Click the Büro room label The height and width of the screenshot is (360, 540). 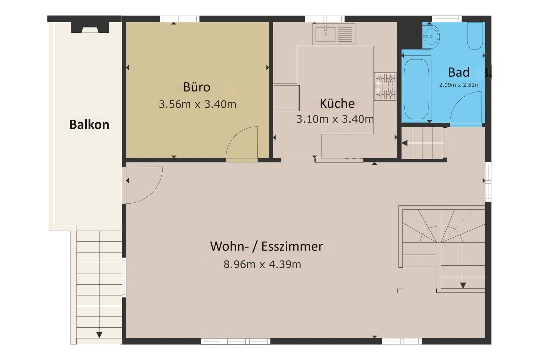pyautogui.click(x=197, y=87)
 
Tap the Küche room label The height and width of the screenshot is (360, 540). pyautogui.click(x=337, y=103)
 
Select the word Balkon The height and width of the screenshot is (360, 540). pyautogui.click(x=89, y=125)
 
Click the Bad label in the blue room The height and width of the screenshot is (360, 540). pyautogui.click(x=459, y=72)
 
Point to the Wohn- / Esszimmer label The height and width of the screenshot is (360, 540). pyautogui.click(x=266, y=246)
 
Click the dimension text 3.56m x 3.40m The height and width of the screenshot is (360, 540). pyautogui.click(x=197, y=104)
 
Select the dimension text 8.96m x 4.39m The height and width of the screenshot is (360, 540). pyautogui.click(x=262, y=265)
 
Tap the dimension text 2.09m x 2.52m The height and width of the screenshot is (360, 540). pyautogui.click(x=459, y=85)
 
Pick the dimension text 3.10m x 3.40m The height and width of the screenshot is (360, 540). pyautogui.click(x=335, y=119)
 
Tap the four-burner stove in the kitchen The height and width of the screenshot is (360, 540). pyautogui.click(x=385, y=86)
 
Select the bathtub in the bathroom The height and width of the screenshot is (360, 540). pyautogui.click(x=416, y=89)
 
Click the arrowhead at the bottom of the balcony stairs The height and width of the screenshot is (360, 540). pyautogui.click(x=99, y=335)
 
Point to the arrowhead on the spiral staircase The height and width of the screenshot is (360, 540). pyautogui.click(x=463, y=285)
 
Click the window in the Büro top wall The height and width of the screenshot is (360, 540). pyautogui.click(x=180, y=19)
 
